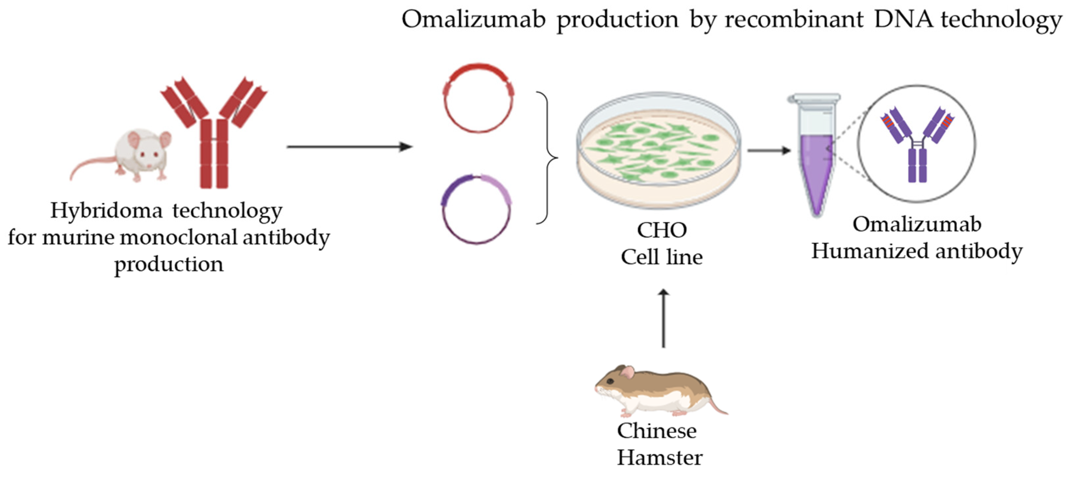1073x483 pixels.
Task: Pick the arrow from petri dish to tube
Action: (769, 150)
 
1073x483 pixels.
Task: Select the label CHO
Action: (662, 230)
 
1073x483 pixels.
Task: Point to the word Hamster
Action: (660, 458)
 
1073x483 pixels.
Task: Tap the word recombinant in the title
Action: (794, 19)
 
